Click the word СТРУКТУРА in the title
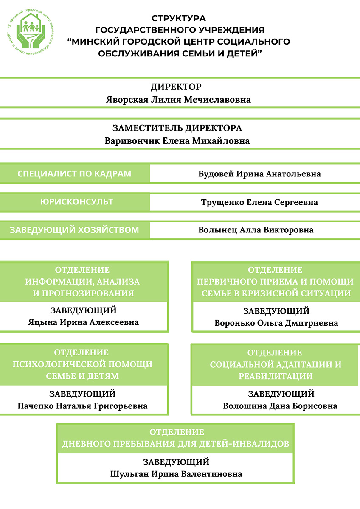tap(179, 18)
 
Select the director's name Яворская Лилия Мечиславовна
tap(178, 100)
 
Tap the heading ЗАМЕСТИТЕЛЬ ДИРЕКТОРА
tap(177, 128)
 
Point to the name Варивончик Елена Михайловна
tap(177, 141)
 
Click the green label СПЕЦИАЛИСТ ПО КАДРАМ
tap(74, 174)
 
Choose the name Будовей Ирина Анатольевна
tap(259, 174)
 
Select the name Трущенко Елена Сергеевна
tap(259, 202)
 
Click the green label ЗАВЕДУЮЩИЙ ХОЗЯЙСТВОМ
tap(74, 230)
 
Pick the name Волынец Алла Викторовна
tap(256, 230)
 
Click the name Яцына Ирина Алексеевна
tap(83, 322)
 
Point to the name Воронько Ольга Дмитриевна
tap(276, 323)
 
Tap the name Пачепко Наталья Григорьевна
tap(82, 406)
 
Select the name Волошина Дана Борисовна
tap(280, 406)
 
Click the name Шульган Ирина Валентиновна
tap(176, 474)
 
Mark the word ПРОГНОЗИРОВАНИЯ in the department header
tap(84, 293)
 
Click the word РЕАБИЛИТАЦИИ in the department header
tap(276, 376)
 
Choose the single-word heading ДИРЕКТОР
tap(176, 87)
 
